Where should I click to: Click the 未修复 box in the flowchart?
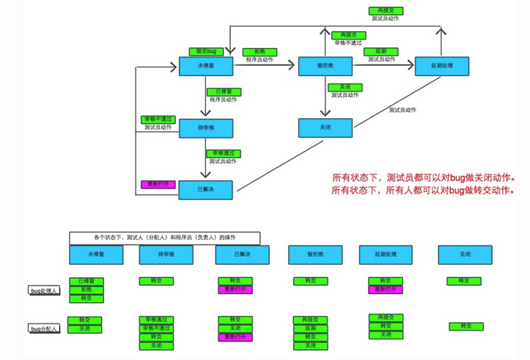205,66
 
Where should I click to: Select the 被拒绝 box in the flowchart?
325,66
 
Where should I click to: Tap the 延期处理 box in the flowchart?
441,66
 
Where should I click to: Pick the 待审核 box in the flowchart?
205,129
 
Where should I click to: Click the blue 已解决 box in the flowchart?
205,190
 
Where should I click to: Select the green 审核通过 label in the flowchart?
222,153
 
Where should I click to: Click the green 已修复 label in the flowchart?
222,91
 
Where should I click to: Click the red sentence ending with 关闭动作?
423,177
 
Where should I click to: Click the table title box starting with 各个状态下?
164,237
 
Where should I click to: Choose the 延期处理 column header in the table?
385,254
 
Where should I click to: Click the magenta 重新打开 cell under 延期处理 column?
385,289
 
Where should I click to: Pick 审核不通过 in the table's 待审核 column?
157,328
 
